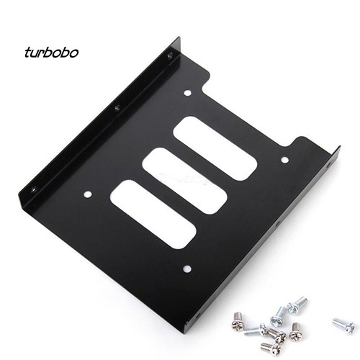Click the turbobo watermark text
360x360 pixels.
tap(51, 53)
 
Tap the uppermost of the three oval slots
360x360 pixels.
tap(215, 148)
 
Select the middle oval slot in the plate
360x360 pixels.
tap(184, 181)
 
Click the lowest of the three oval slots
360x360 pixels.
tap(153, 214)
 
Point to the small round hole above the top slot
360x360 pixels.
tap(187, 93)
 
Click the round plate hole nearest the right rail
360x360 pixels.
tap(284, 159)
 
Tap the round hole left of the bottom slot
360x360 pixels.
tap(88, 194)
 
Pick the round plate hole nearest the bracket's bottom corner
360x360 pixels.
tap(186, 269)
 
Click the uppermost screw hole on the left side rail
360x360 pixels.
tap(170, 55)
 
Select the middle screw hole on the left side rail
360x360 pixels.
tap(117, 108)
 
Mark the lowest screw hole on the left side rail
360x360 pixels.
tap(32, 189)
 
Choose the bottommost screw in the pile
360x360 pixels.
tap(270, 348)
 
